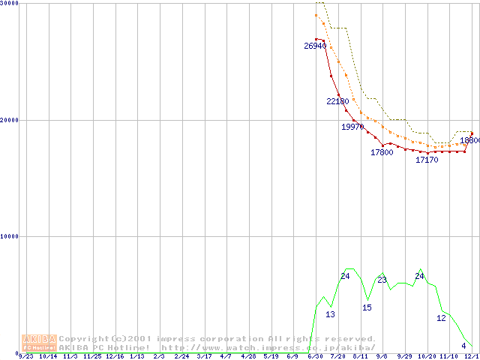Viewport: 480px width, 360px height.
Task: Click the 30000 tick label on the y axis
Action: click(x=10, y=4)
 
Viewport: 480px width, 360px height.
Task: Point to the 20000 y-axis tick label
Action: click(x=10, y=120)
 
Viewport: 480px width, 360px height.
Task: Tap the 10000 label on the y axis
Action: click(x=10, y=236)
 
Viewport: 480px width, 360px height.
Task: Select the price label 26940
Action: click(x=315, y=46)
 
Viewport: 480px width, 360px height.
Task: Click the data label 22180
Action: click(x=337, y=101)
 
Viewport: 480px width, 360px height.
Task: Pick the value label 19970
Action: click(x=352, y=127)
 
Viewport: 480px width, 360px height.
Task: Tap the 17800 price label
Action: click(x=382, y=152)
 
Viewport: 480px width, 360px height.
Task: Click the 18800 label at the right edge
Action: click(x=469, y=140)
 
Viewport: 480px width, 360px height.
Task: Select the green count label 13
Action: click(x=330, y=314)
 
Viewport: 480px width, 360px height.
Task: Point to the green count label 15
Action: click(x=367, y=307)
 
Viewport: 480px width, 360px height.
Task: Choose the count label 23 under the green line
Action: click(x=382, y=280)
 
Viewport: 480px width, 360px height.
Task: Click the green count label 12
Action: click(x=441, y=318)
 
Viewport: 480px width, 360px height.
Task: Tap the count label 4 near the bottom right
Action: click(x=463, y=346)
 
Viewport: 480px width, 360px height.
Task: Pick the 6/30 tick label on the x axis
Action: click(x=316, y=357)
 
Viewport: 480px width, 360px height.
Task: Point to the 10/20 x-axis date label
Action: click(x=426, y=357)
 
